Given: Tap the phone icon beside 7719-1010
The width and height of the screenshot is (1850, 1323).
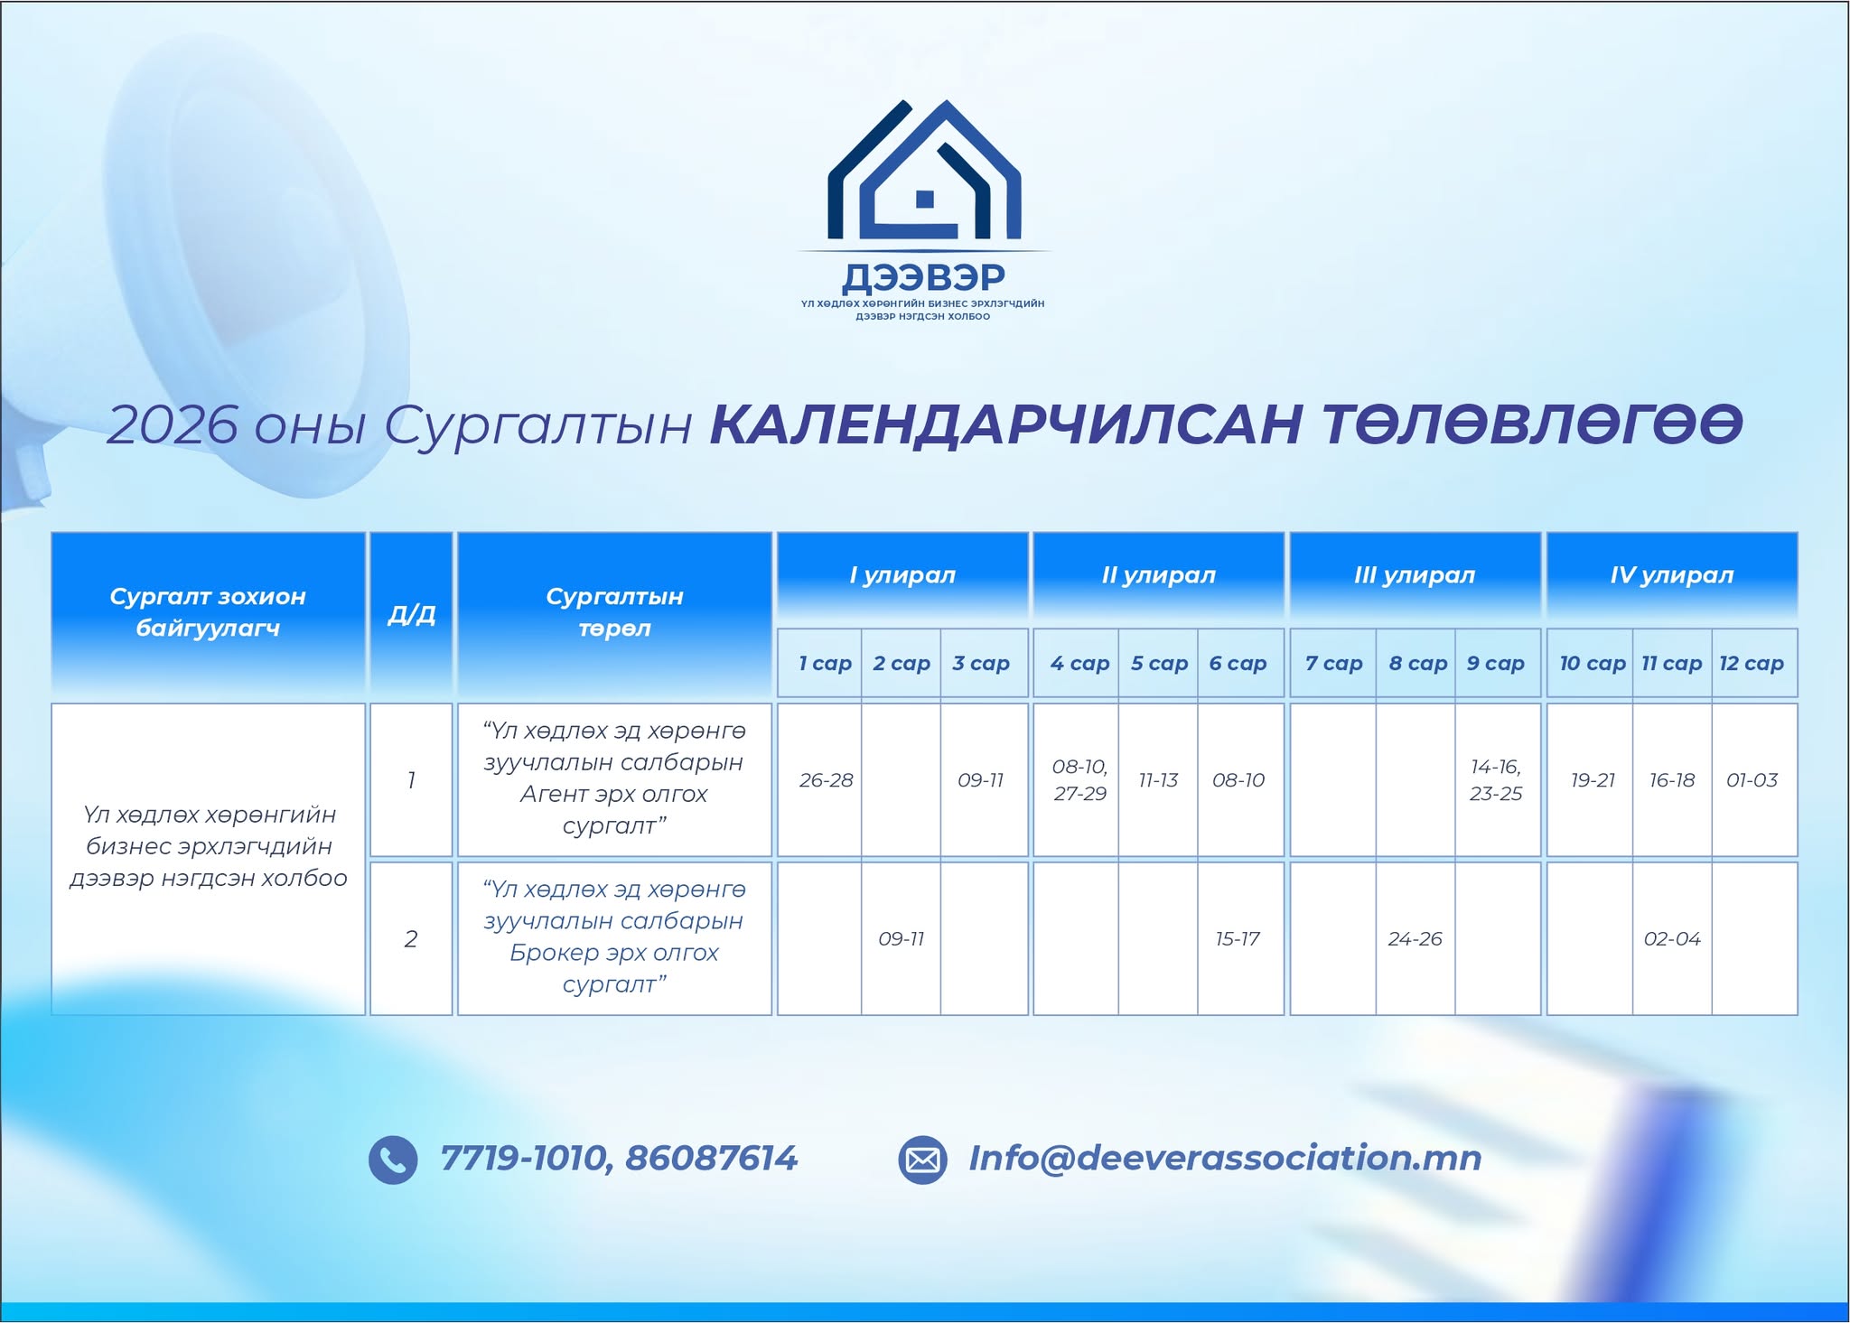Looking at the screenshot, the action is click(393, 1160).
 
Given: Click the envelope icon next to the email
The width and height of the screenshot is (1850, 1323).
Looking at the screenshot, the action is click(922, 1160).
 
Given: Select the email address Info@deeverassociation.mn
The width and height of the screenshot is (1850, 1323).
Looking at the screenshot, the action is click(1225, 1158).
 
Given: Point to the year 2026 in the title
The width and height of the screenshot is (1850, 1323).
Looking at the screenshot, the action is click(173, 424).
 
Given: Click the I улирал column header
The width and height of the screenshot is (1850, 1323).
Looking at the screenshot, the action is click(902, 575).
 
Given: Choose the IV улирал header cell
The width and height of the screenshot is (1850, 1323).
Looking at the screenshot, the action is click(1672, 575).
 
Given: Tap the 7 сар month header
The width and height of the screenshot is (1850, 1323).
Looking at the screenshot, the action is click(1333, 663).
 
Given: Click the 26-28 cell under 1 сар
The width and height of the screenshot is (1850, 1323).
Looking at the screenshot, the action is click(826, 780).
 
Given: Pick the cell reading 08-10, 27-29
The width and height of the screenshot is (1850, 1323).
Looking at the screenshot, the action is click(1079, 780).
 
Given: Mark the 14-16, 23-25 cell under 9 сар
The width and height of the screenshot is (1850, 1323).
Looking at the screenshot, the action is click(1496, 780).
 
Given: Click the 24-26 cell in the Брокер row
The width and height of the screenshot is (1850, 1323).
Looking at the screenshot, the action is click(1415, 939).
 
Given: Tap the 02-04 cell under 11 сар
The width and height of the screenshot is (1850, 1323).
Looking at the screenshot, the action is click(1672, 939).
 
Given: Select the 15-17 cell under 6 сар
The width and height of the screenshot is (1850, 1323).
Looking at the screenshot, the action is click(1238, 939).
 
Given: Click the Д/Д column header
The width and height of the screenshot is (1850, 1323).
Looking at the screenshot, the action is click(411, 614).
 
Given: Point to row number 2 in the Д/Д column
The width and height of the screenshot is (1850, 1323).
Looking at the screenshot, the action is click(411, 939).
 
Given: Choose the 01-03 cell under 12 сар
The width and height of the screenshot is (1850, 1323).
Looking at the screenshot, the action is click(1752, 780).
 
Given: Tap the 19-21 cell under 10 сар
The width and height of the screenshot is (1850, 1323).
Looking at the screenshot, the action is click(1593, 780).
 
